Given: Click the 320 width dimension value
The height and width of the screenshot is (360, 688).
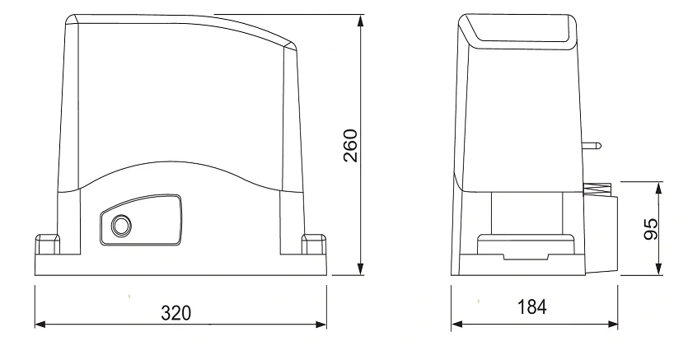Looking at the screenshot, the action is pyautogui.click(x=176, y=313).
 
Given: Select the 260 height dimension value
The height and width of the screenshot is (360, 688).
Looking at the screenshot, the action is pyautogui.click(x=350, y=146).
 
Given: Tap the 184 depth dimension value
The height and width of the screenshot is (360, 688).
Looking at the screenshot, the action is pyautogui.click(x=531, y=307).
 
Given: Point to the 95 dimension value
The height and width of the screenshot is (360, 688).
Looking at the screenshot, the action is pyautogui.click(x=651, y=229).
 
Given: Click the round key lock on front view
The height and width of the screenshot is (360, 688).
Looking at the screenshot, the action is pyautogui.click(x=120, y=226).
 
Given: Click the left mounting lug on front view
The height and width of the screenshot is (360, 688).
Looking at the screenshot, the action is pyautogui.click(x=48, y=244).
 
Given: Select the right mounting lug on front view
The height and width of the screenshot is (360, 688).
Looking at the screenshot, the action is pyautogui.click(x=314, y=244).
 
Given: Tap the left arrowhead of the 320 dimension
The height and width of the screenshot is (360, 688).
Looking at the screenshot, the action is pyautogui.click(x=40, y=325).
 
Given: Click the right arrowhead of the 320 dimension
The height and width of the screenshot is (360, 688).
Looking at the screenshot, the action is pyautogui.click(x=321, y=325).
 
